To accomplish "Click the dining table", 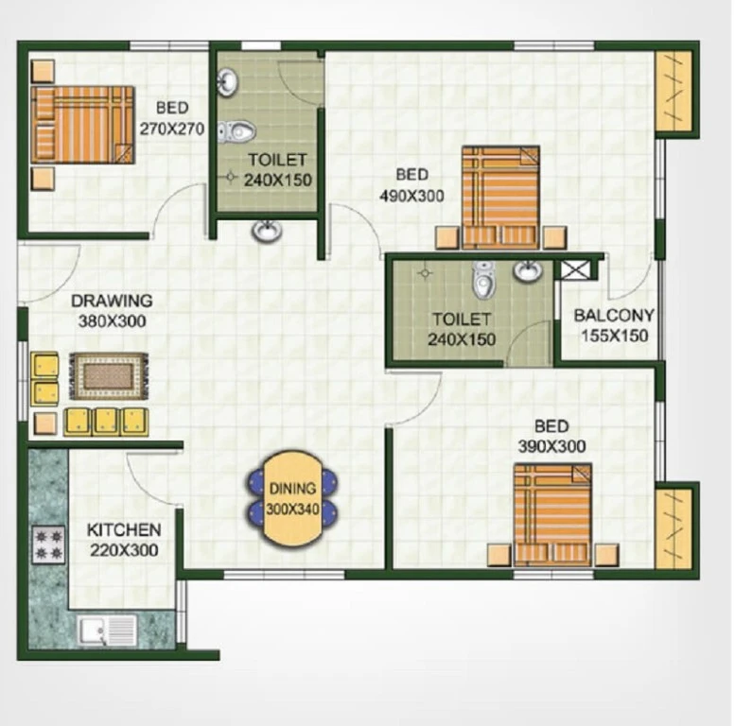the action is tap(292, 498).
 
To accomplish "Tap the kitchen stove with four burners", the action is tap(48, 545).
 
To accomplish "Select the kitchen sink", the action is tap(107, 631).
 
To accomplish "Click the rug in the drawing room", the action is tap(108, 376).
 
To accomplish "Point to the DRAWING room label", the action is tap(112, 301).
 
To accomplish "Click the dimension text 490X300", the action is tap(411, 196).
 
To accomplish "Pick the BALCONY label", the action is tap(614, 315).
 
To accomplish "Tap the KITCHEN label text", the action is tap(124, 529).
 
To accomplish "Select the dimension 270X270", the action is tap(172, 129).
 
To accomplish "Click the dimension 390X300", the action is tap(551, 446).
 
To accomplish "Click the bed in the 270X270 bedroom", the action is tap(83, 125).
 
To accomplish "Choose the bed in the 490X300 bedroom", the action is tap(500, 198).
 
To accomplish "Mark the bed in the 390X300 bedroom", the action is tap(552, 515).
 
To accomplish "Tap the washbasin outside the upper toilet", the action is tap(267, 231).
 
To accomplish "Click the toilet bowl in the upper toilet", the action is tap(236, 131).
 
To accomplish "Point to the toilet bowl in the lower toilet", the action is tap(484, 280).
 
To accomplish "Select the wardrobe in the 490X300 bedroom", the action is tap(674, 92).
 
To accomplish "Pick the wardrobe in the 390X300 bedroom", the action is tap(674, 528).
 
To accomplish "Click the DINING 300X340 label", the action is tap(292, 499).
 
